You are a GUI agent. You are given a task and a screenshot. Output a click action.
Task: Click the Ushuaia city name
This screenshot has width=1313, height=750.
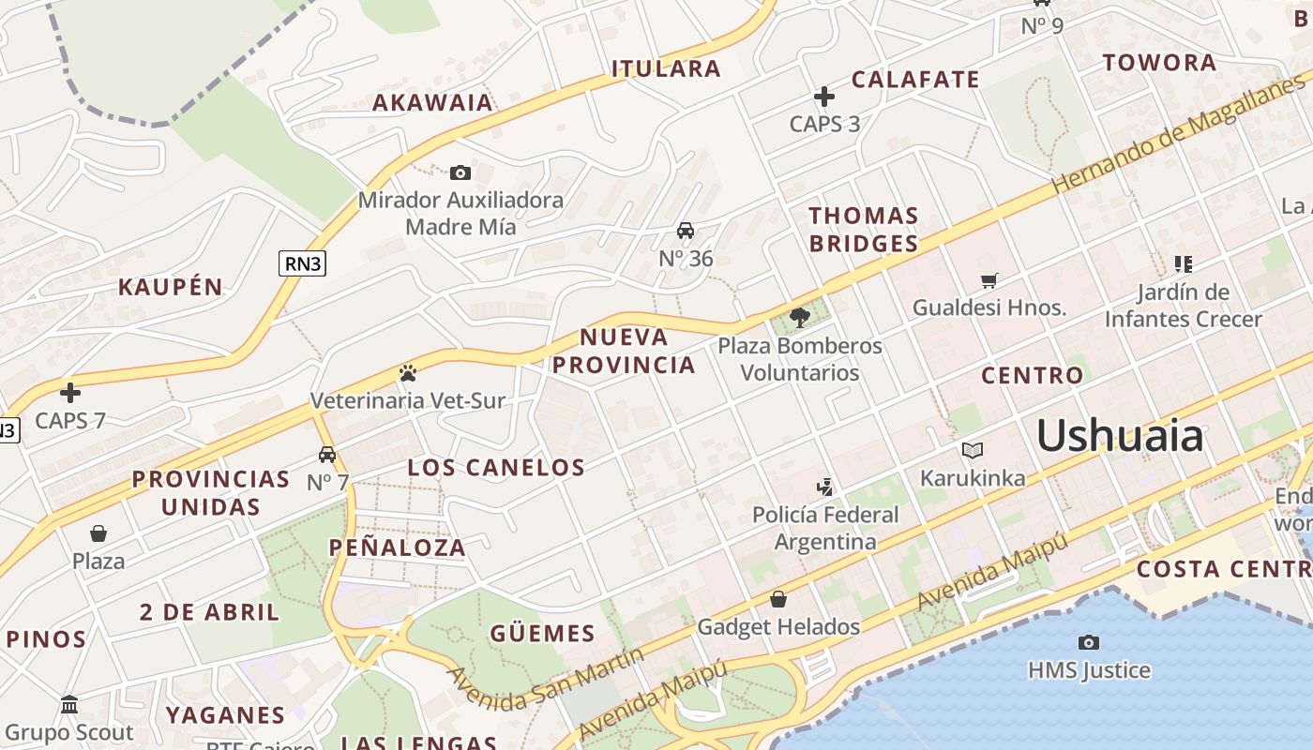(1119, 436)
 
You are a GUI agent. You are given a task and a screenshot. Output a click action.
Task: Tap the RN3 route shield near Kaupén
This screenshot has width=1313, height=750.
(302, 263)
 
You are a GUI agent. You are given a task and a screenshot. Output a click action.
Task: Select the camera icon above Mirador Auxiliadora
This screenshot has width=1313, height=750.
(460, 172)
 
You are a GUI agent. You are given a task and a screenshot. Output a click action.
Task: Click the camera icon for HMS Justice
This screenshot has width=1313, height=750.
(1088, 642)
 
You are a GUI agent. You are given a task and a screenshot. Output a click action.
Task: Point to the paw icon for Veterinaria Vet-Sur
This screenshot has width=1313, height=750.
(407, 373)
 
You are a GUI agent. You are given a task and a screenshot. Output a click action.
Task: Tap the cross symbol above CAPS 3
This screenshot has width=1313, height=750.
(824, 97)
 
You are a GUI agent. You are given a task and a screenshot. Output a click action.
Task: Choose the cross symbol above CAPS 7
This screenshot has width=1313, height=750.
(70, 393)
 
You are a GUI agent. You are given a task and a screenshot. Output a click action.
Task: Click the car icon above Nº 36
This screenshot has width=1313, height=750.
(686, 231)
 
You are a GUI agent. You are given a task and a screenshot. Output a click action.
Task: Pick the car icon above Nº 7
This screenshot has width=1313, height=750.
(327, 455)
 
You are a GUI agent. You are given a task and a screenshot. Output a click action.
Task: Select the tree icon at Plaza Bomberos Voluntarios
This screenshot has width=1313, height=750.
(799, 318)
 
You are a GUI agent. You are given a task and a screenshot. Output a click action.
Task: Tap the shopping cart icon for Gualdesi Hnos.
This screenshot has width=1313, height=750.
(989, 280)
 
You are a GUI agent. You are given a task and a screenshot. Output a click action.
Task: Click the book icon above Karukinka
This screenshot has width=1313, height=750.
(972, 451)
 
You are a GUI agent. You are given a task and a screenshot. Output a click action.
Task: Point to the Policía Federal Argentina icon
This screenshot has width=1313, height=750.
(825, 487)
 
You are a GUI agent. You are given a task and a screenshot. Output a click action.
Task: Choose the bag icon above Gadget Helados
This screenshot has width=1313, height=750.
(777, 599)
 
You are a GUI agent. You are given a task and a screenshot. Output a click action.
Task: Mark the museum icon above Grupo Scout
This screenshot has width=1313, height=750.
(69, 704)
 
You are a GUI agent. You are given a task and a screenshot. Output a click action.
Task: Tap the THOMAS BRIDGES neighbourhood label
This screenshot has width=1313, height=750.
(863, 230)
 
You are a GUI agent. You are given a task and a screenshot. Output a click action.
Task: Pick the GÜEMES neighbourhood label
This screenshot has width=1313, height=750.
(542, 634)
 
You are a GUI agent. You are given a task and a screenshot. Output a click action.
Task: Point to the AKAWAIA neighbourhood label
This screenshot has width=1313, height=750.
(432, 102)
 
